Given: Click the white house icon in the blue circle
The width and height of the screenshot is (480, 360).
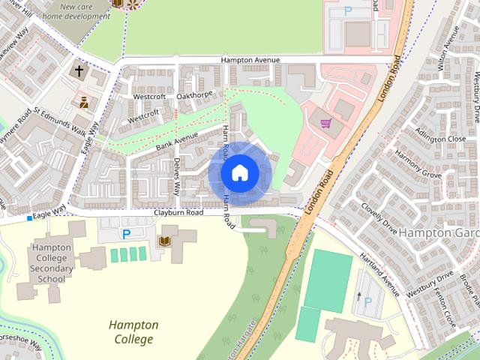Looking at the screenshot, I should click(x=239, y=172).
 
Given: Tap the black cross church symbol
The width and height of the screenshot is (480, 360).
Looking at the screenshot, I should click(x=79, y=72).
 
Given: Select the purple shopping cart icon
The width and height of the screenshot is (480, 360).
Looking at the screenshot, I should click(x=325, y=124).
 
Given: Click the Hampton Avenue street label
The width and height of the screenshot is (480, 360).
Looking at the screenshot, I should click(x=250, y=60).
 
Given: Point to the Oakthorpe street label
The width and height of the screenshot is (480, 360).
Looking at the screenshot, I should click(x=195, y=94).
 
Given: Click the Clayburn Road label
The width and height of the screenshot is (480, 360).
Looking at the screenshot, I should click(x=178, y=213).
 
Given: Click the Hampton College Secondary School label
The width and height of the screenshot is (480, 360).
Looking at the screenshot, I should click(x=52, y=262).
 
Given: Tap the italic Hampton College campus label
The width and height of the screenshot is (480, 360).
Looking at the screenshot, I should click(x=133, y=332).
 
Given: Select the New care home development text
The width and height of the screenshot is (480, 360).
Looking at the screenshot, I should click(x=75, y=10).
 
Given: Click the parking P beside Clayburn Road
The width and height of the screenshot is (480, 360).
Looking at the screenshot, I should click(x=126, y=234).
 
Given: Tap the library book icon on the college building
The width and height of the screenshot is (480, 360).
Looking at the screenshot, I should click(x=164, y=241).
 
